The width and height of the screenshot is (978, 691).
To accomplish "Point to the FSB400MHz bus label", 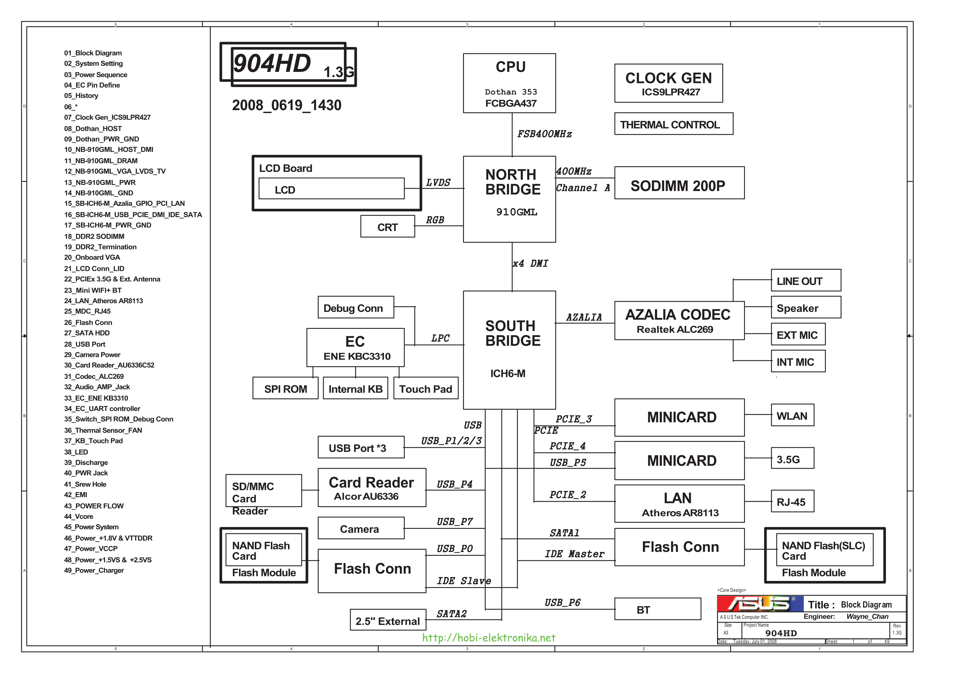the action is (544, 134).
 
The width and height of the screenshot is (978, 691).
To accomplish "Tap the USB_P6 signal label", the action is (562, 602).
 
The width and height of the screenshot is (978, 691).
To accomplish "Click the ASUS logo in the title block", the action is (760, 604).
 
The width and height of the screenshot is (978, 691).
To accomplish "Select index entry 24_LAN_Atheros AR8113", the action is (103, 301).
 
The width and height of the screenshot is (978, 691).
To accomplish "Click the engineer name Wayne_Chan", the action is (867, 617).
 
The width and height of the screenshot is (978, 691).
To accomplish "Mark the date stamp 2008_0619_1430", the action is (287, 105).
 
